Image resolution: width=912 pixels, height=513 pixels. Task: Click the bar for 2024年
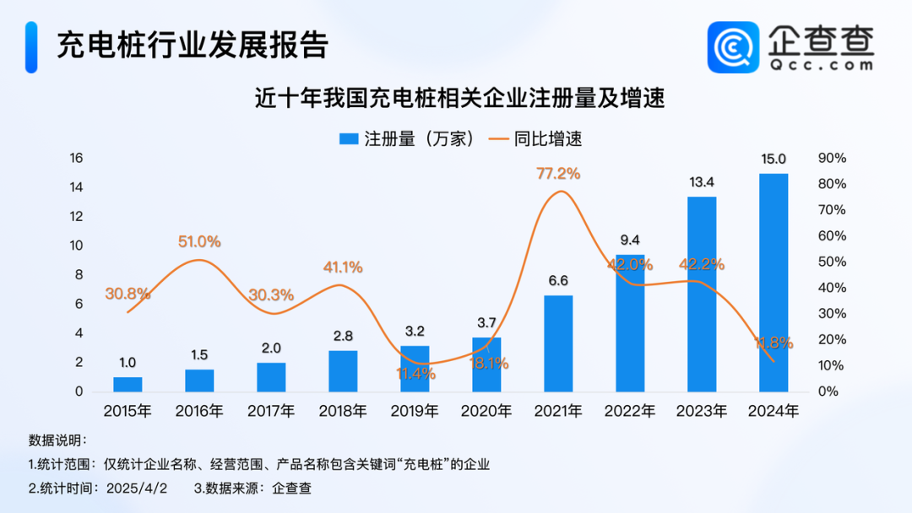[x=774, y=283]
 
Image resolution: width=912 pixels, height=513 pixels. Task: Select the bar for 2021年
[x=558, y=343]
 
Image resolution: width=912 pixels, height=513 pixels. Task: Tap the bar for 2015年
[x=128, y=384]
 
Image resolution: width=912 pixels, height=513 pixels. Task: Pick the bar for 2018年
[x=343, y=371]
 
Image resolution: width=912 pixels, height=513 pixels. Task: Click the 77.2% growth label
[x=558, y=174]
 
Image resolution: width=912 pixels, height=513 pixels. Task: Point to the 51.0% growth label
[x=199, y=242]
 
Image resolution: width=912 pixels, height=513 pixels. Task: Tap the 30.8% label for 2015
[x=128, y=294]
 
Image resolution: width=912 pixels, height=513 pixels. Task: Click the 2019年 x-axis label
[x=415, y=412]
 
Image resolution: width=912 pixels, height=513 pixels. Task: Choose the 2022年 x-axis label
[x=630, y=412]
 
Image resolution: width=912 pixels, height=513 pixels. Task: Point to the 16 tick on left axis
[x=76, y=158]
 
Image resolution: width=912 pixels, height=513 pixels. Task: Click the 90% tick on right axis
[x=832, y=158]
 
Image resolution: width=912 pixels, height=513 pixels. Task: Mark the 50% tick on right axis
[x=832, y=262]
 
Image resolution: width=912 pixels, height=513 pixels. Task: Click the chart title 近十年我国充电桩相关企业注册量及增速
[x=460, y=99]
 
